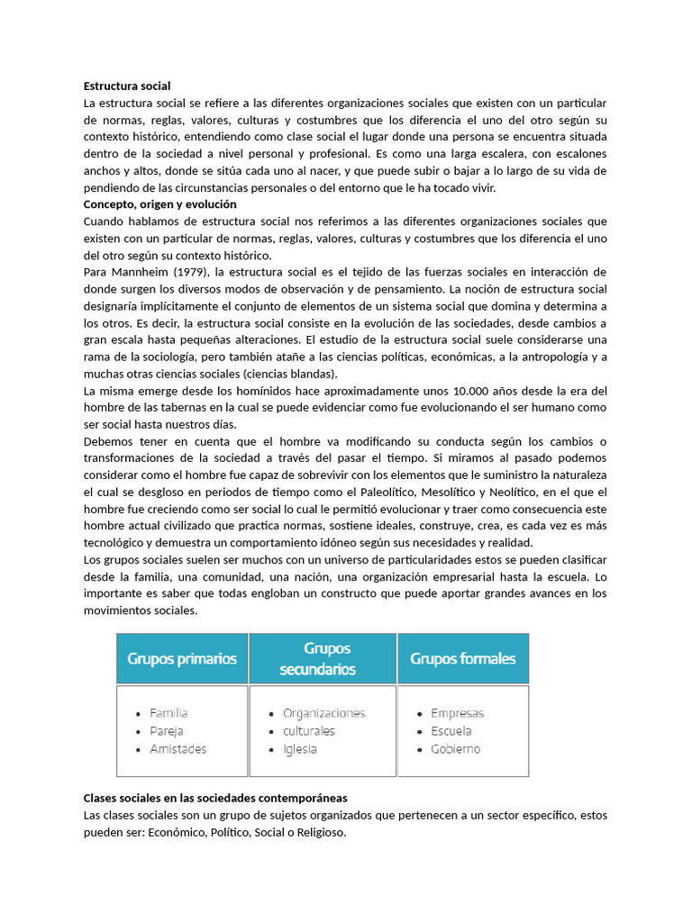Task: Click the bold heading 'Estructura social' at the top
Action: coord(126,86)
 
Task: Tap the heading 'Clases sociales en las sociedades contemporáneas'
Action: coord(215,799)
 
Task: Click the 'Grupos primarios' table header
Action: coord(182,658)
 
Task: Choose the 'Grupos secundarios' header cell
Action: coord(323,658)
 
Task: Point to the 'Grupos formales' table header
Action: coord(463,658)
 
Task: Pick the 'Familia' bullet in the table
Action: coord(168,713)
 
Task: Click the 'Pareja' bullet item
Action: coord(167,731)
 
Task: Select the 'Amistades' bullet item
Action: coord(178,749)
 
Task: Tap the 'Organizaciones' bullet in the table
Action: coord(323,713)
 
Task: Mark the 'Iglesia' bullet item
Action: coord(299,749)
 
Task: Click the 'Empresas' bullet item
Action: coord(457,713)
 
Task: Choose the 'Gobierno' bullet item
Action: coord(455,749)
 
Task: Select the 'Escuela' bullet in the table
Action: coord(451,731)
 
